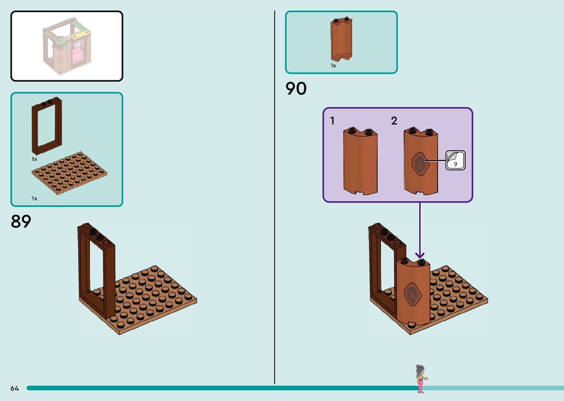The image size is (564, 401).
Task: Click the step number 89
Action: pos(21,221)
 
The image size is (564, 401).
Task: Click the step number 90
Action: pos(296,89)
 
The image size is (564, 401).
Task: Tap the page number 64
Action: pos(14,388)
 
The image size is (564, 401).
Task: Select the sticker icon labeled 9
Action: pos(455,160)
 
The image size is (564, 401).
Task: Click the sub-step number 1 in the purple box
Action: pos(332,121)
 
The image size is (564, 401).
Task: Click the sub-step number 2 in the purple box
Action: pos(394,121)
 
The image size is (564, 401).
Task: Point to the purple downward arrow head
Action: pos(420,255)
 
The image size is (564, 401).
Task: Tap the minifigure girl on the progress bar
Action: pos(420,379)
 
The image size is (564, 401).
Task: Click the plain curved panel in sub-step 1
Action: pos(360,162)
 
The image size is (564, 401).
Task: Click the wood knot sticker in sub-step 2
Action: pos(420,164)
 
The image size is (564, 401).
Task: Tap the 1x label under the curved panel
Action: pos(333,66)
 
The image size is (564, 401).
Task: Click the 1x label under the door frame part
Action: pos(34,159)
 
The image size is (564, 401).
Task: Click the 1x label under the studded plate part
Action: pos(34,198)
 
